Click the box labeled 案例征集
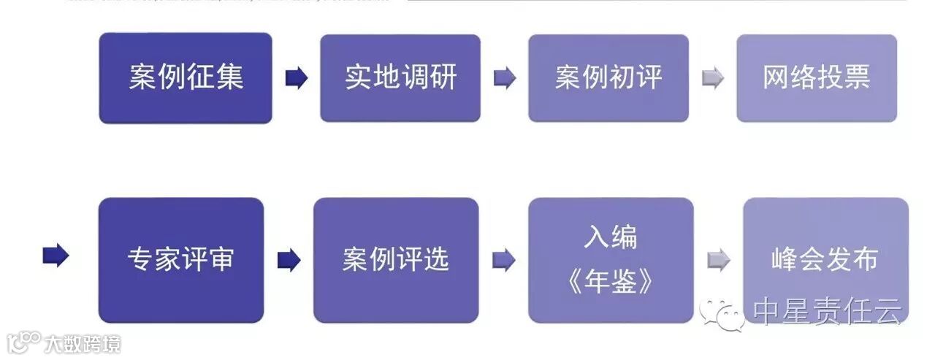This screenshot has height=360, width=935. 186,78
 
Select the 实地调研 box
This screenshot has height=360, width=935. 400,78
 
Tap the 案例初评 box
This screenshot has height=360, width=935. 608,78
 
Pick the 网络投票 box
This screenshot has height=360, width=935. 816,78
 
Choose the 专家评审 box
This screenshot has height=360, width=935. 181,259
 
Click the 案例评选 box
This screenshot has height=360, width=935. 396,259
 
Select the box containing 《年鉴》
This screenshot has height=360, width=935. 611,259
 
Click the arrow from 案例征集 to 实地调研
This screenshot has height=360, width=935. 296,78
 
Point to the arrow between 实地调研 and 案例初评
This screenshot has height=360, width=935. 504,78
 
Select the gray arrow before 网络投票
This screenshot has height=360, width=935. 712,78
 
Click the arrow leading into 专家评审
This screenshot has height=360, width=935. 56,256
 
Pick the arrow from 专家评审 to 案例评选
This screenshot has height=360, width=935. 289,259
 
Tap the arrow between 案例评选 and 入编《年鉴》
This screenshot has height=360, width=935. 503,259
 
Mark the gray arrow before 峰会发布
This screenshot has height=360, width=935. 718,259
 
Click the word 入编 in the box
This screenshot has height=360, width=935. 611,237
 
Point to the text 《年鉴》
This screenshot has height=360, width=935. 611,283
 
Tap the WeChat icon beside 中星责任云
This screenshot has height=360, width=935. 721,313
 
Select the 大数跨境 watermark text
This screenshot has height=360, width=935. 82,343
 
